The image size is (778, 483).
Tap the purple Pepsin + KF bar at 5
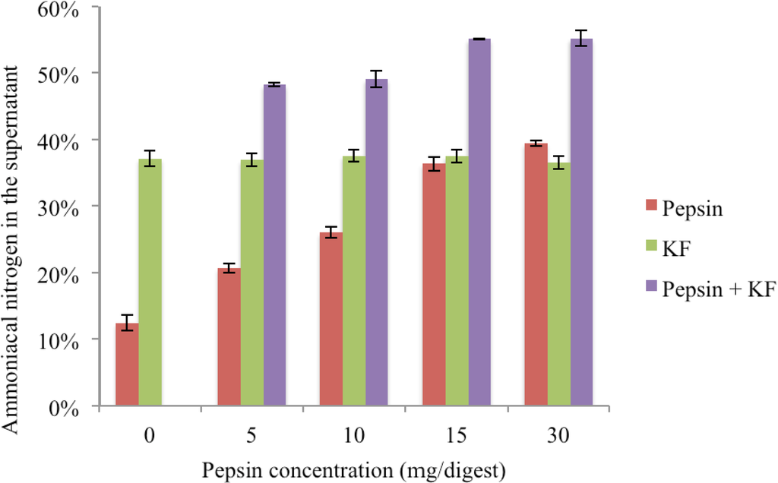pyautogui.click(x=275, y=246)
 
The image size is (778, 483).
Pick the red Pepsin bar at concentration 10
pyautogui.click(x=331, y=320)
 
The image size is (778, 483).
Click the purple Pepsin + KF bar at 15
pyautogui.click(x=479, y=223)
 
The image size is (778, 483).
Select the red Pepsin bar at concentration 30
pyautogui.click(x=536, y=275)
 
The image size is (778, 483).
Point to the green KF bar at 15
pyautogui.click(x=457, y=282)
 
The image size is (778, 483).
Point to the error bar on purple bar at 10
pyautogui.click(x=377, y=79)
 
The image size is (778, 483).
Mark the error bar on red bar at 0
pyautogui.click(x=127, y=323)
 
